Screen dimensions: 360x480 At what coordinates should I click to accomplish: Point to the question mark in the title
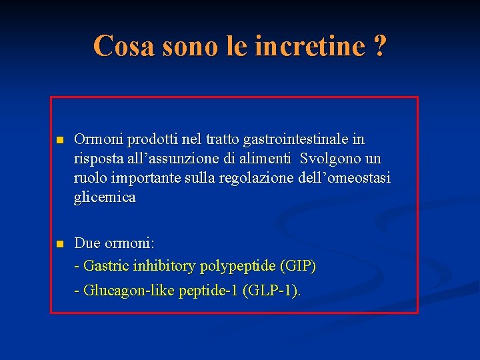tap(379, 46)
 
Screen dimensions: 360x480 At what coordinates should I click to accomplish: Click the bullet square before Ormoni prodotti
tap(59, 140)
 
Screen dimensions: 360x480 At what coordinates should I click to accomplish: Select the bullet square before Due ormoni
tap(59, 244)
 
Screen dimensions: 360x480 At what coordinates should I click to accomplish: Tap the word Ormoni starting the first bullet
tap(98, 139)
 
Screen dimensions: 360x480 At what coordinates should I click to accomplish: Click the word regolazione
tap(251, 178)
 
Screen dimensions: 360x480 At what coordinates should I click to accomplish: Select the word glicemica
tap(105, 197)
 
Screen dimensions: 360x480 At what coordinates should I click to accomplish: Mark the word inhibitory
tap(163, 266)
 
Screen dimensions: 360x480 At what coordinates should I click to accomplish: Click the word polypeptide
tap(236, 266)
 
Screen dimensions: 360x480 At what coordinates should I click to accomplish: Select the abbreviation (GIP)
tap(298, 266)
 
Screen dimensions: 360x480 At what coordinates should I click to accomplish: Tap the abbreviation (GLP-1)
tap(271, 291)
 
